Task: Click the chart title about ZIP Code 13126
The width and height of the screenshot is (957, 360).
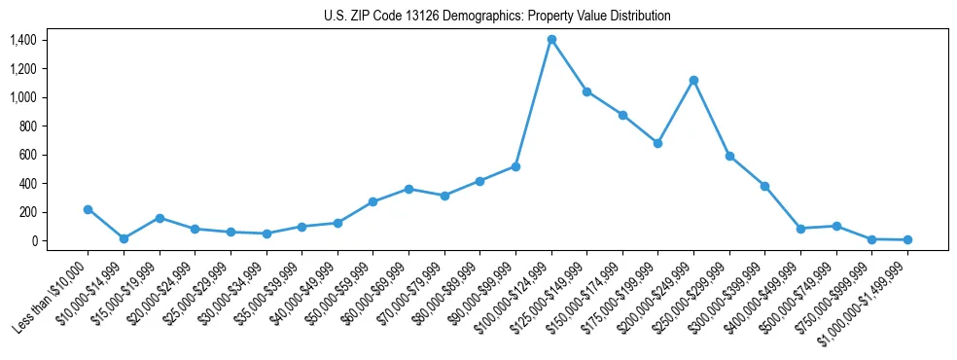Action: (x=497, y=17)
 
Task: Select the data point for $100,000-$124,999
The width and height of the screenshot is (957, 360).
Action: (x=551, y=39)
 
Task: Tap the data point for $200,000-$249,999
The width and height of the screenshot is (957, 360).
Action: (x=693, y=80)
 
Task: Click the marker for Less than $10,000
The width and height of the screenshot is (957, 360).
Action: (x=88, y=209)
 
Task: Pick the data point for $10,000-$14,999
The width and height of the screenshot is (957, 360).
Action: (x=124, y=238)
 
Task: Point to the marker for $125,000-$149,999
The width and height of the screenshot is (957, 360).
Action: (x=586, y=91)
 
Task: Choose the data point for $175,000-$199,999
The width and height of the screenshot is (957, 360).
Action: (x=658, y=143)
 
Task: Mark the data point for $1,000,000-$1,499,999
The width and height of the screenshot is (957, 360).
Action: (x=907, y=239)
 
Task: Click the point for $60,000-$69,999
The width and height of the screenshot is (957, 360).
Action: (x=408, y=189)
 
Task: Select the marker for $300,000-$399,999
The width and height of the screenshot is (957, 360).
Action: (x=765, y=186)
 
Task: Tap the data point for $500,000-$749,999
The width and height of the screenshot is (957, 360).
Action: (x=836, y=226)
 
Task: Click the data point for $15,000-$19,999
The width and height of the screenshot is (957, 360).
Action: (x=159, y=218)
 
